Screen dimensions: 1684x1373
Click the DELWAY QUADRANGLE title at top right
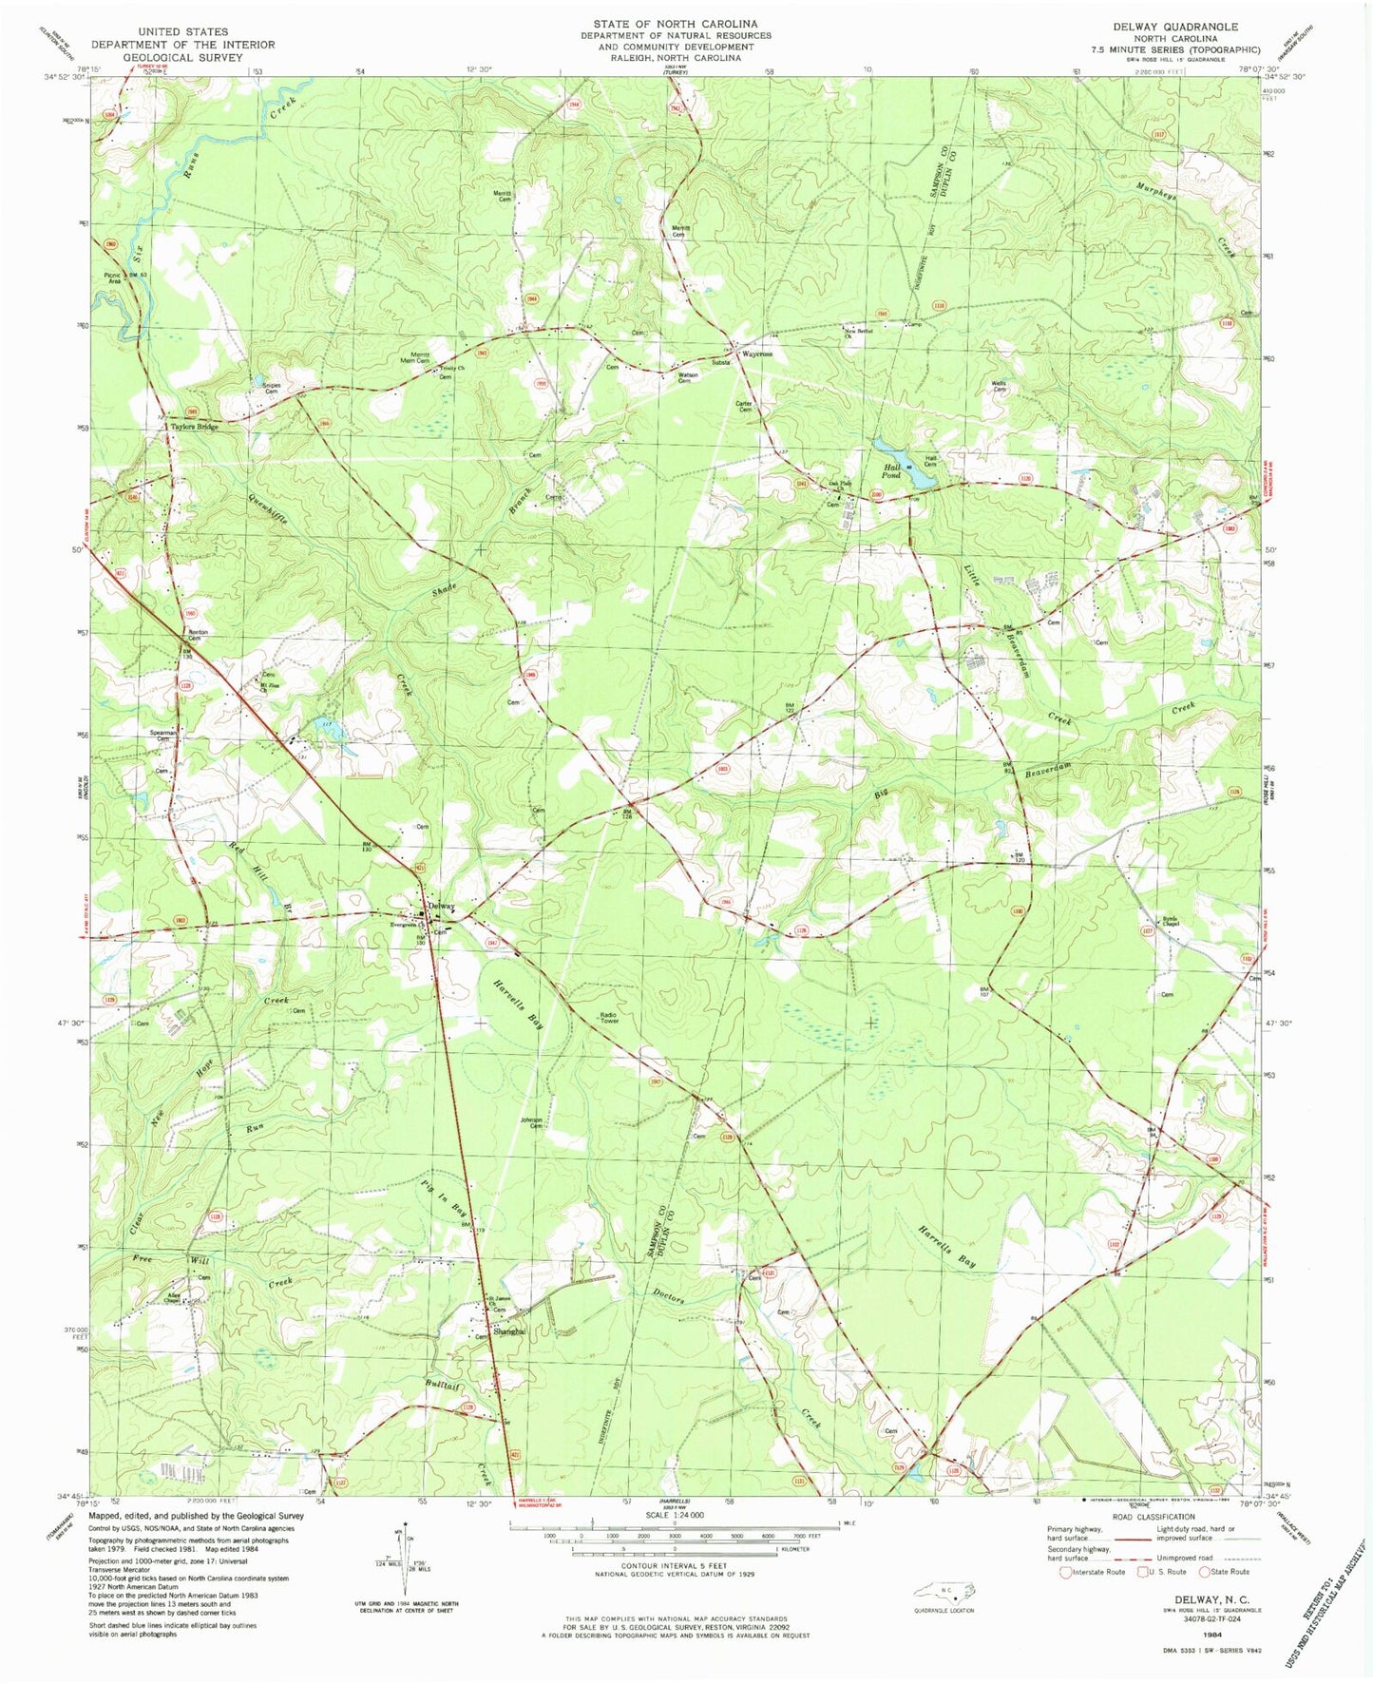point(1181,27)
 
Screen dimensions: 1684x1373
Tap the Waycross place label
point(757,354)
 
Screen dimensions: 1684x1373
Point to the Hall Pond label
point(892,469)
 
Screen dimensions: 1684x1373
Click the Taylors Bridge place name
point(195,427)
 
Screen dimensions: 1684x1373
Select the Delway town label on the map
point(442,906)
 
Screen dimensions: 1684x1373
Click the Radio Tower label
point(609,1018)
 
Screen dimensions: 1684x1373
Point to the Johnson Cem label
point(531,1122)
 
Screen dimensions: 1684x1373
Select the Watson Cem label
point(687,377)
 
